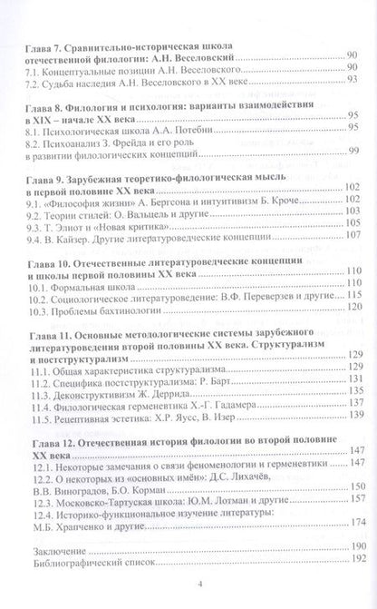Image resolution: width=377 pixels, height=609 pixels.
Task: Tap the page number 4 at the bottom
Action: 188,600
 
